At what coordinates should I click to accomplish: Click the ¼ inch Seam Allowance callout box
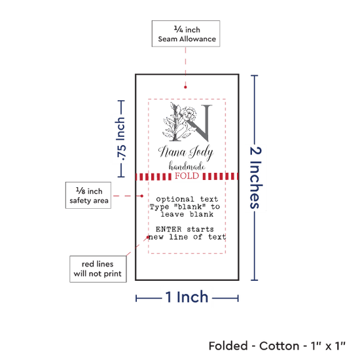point(186,33)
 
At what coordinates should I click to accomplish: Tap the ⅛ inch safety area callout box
point(88,196)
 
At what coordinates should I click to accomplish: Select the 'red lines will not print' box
point(98,269)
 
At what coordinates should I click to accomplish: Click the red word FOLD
point(187,176)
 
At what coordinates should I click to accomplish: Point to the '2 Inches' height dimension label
point(255,177)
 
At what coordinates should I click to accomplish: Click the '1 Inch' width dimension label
point(187,297)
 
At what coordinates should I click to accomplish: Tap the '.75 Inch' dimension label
point(121,139)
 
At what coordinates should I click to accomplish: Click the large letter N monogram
point(193,122)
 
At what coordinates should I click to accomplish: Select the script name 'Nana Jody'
point(186,153)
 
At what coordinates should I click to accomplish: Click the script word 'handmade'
point(187,166)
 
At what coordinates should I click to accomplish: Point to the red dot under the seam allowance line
point(185,87)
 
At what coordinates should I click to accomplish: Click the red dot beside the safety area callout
point(141,196)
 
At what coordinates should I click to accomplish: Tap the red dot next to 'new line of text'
point(148,237)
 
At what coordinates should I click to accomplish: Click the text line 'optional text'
point(187,199)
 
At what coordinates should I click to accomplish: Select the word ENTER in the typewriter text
point(168,229)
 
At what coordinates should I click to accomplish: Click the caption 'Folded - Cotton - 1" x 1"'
point(277,346)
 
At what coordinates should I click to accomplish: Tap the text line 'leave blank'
point(187,214)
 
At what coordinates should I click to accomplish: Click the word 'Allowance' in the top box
point(198,39)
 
